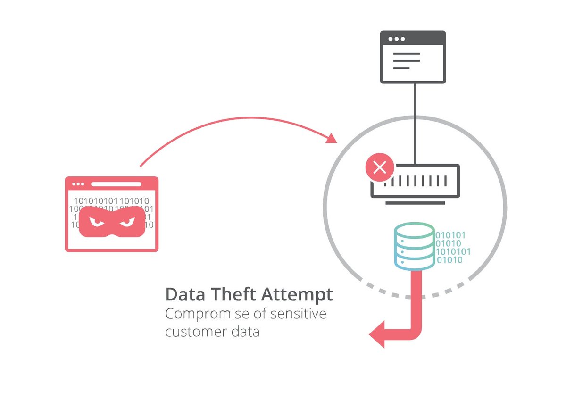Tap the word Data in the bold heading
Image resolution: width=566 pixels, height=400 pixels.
(182, 295)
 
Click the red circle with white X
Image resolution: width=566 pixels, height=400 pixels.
(380, 167)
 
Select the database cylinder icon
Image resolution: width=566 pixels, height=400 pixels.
(413, 246)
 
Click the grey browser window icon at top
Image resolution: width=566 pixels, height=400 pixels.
(413, 57)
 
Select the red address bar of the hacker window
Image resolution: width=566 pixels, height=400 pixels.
(116, 184)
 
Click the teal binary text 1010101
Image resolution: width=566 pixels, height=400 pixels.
(452, 251)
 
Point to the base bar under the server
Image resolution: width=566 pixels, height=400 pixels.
(415, 203)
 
